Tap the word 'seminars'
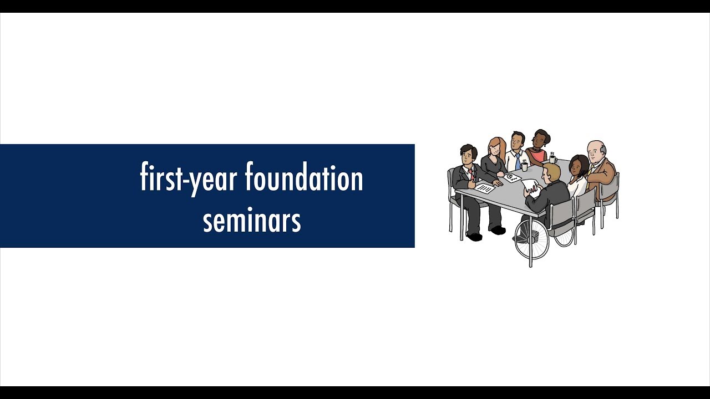pos(251,220)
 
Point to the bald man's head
pos(596,150)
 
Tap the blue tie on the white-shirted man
pos(518,162)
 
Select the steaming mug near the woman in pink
pos(552,160)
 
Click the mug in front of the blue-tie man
pos(524,166)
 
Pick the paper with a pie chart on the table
pos(511,177)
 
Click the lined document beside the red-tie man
pos(485,188)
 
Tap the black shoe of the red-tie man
pos(474,237)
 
